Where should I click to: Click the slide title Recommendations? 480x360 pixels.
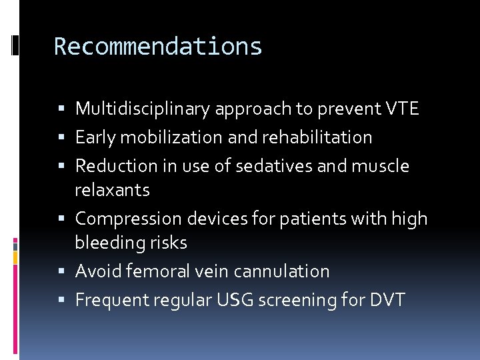[x=158, y=47]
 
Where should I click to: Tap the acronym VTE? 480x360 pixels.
[x=401, y=109]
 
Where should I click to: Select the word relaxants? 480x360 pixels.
[x=112, y=190]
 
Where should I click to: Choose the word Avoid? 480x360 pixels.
[x=97, y=271]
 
